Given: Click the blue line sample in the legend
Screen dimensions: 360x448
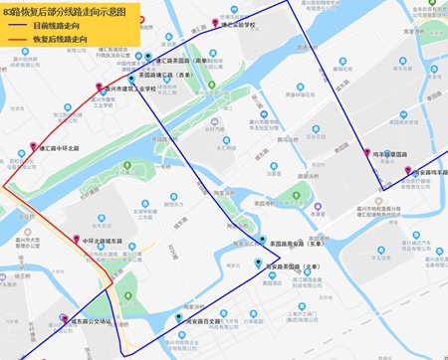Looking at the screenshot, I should pyautogui.click(x=16, y=27).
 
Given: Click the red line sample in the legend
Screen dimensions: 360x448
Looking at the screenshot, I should pyautogui.click(x=16, y=42).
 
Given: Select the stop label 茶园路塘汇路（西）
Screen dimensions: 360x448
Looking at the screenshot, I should pyautogui.click(x=169, y=75).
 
